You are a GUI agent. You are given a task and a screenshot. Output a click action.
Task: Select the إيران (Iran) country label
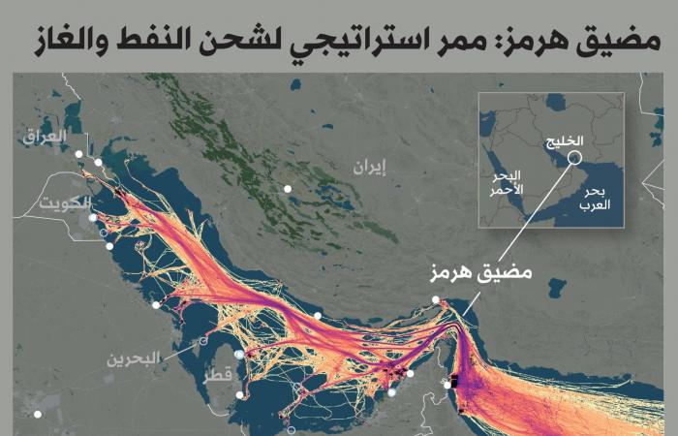pos(369,168)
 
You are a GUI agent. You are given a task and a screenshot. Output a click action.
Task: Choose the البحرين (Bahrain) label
pos(133,358)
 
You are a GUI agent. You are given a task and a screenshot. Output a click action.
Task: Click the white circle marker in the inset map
pos(575,157)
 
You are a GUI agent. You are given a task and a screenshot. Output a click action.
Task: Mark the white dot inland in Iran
pos(288,189)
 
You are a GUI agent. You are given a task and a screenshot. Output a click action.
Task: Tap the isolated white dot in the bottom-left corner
pos(38,415)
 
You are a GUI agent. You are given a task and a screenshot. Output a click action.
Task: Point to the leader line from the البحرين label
pos(179,349)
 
